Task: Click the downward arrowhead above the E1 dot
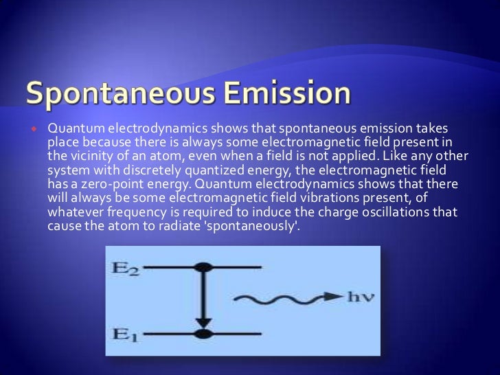coord(201,323)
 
